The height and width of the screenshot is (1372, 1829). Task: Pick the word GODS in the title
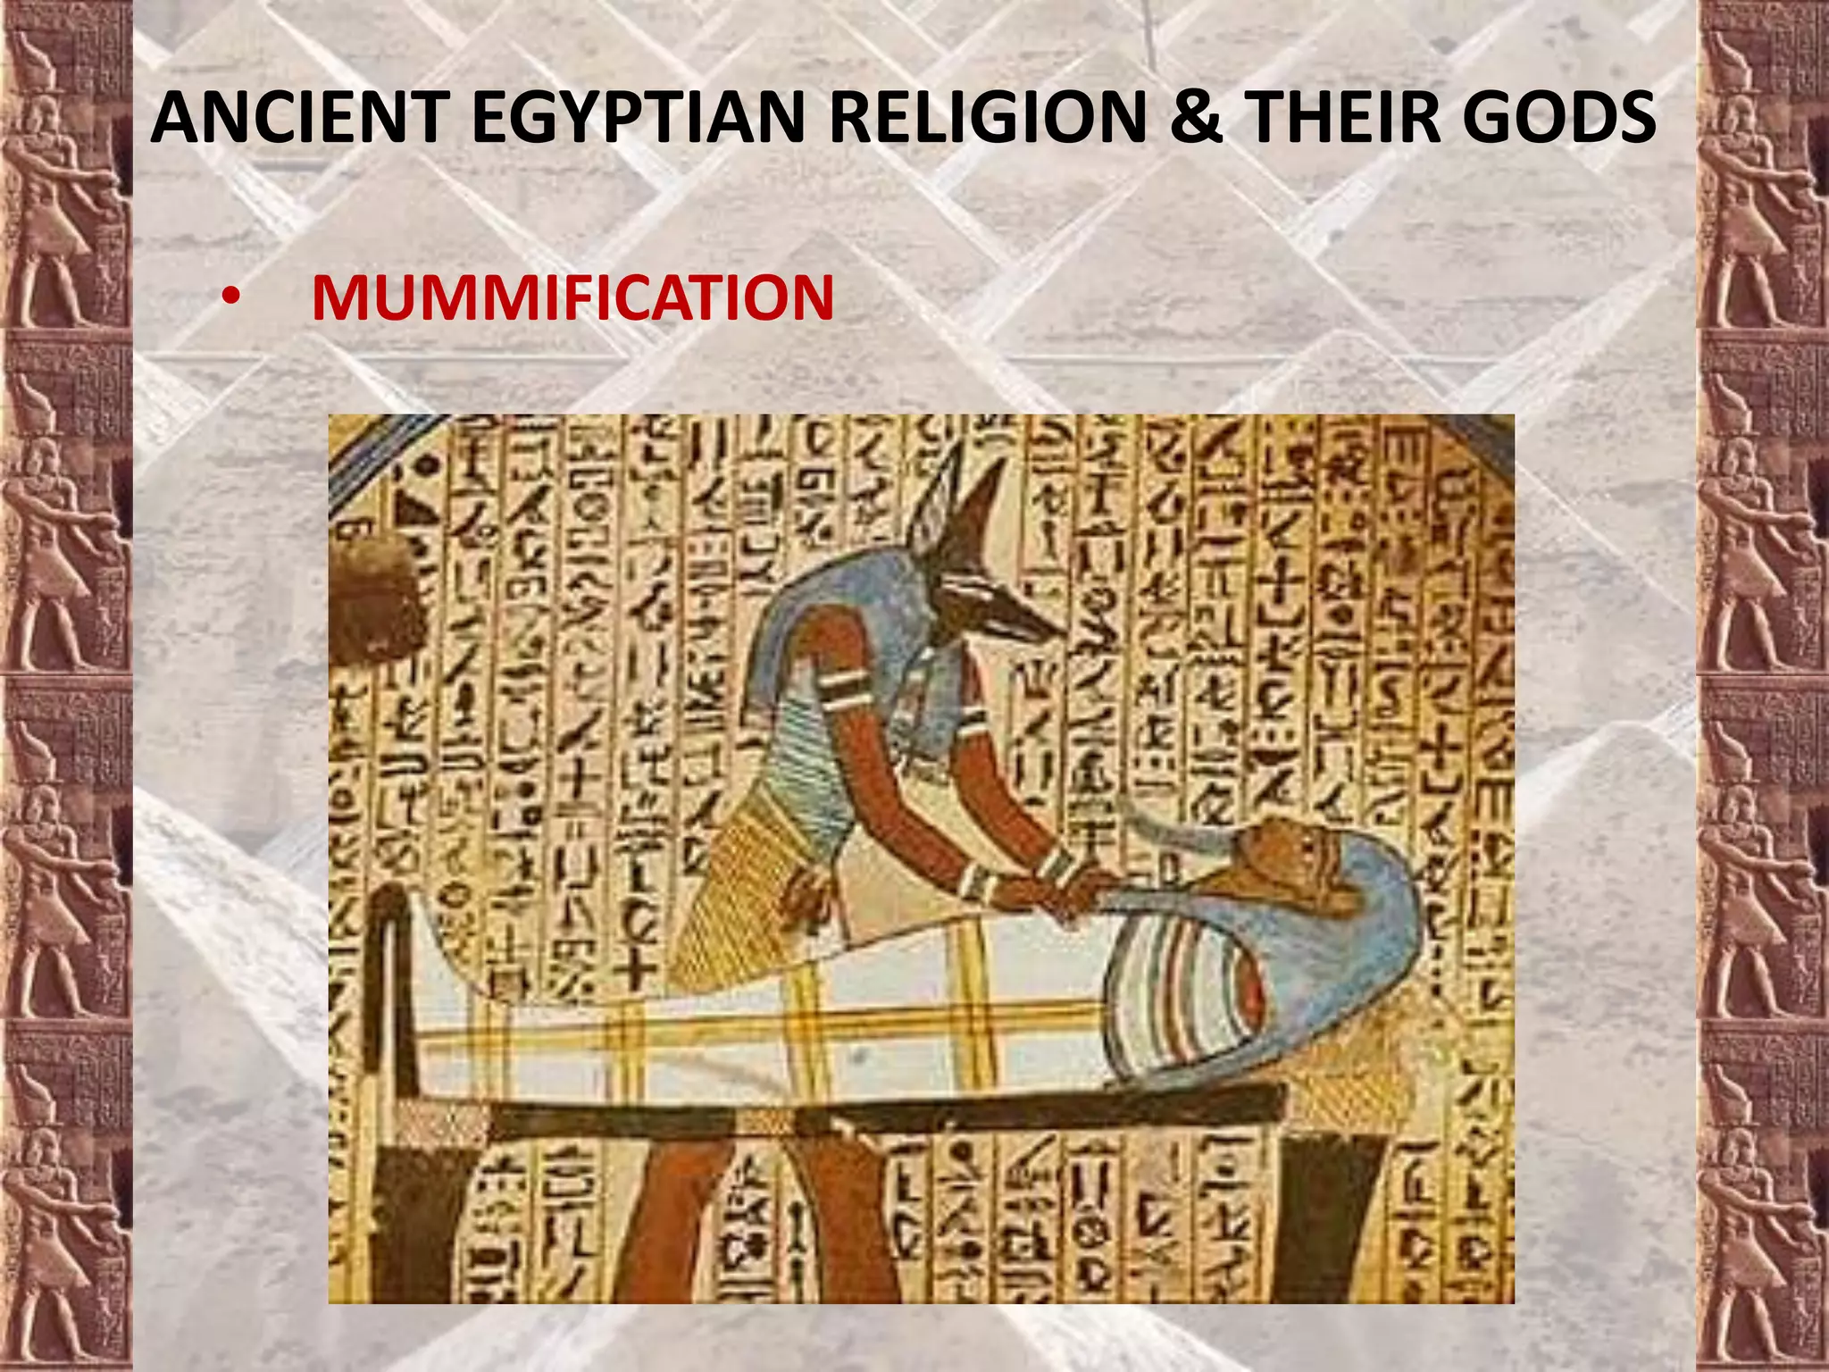click(x=1558, y=118)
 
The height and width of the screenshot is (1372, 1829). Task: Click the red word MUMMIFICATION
click(x=572, y=298)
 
